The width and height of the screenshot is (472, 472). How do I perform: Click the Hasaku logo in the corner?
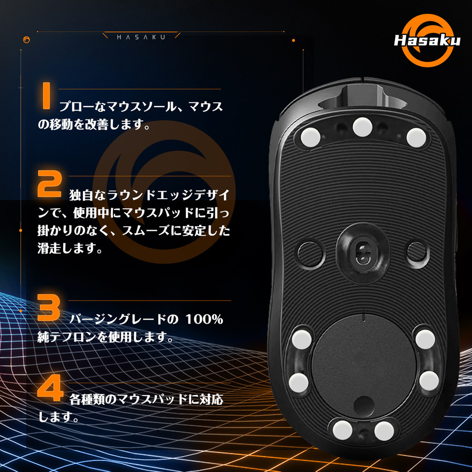coord(427,41)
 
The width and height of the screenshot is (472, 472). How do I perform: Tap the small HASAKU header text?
coord(141,37)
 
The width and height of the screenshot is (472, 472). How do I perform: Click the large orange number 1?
coord(46,96)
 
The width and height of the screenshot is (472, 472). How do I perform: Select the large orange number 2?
coord(50,183)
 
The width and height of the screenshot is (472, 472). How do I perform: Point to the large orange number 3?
coord(49,307)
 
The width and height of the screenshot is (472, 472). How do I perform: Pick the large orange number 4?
coord(50,388)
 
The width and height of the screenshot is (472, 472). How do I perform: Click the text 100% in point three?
coord(204,319)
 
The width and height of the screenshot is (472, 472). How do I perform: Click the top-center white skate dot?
coord(362,127)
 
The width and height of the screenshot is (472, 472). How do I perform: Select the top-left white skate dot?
coord(311,137)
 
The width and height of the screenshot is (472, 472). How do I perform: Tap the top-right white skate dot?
coord(416,137)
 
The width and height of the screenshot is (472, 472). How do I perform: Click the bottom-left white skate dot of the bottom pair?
coord(342,430)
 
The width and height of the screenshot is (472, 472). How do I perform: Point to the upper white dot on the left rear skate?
coord(302,339)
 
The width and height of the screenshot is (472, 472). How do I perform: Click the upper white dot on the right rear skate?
coord(425,339)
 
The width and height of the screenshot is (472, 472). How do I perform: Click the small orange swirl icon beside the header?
coord(26,40)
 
